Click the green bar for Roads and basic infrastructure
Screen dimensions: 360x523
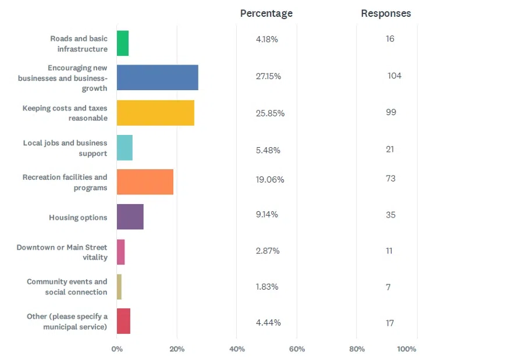coord(123,43)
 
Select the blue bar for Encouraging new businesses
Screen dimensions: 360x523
coord(157,77)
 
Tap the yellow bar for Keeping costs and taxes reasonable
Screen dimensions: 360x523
coord(155,113)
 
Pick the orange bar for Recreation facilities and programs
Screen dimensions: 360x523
coord(145,182)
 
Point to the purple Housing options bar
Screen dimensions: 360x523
coord(130,217)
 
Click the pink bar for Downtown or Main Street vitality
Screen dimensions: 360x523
coord(120,252)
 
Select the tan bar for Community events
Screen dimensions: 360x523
coord(119,287)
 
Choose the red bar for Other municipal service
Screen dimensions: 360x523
coord(123,321)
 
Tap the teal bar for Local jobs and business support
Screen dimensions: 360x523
coord(124,148)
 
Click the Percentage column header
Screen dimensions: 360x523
coord(266,13)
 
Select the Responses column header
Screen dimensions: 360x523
coord(386,13)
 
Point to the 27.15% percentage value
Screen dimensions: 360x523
coord(268,76)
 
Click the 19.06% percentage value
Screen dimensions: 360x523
coord(270,180)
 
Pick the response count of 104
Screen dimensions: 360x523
coord(394,76)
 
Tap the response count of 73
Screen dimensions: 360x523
coord(390,179)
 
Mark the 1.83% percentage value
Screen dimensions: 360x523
coord(267,287)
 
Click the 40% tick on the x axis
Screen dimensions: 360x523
coord(237,349)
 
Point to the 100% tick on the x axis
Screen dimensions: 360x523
coord(407,349)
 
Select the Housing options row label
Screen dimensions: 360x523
coord(78,218)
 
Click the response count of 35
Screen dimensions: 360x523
coord(390,215)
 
